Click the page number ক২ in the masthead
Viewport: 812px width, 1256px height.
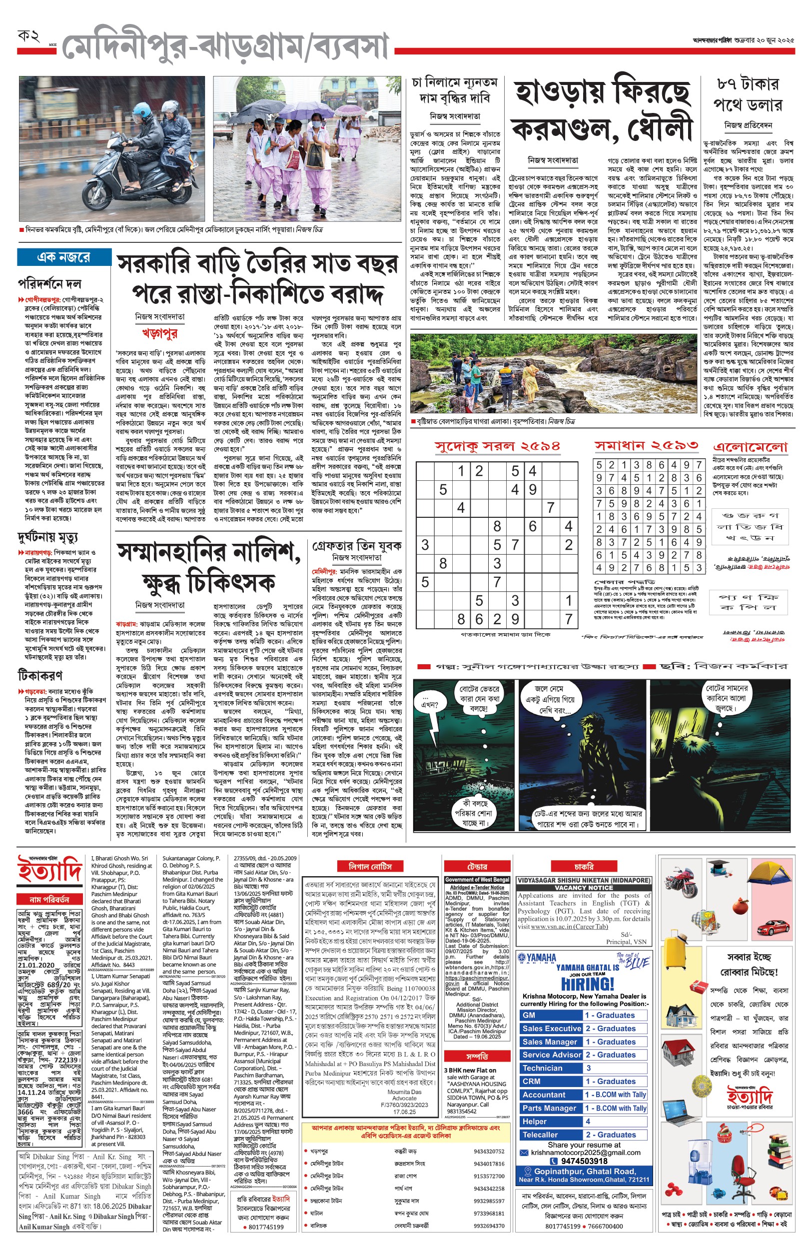point(28,36)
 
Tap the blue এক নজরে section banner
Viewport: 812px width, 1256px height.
point(63,257)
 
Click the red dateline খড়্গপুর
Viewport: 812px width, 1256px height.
point(160,333)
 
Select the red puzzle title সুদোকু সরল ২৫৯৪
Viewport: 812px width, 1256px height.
point(497,446)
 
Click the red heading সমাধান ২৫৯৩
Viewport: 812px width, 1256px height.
point(647,445)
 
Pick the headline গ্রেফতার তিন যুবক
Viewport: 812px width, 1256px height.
point(357,545)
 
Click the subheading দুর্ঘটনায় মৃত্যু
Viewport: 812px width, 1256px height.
point(47,537)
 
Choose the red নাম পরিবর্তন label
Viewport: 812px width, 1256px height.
point(49,899)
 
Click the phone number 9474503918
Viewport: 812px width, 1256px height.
point(584,1161)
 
